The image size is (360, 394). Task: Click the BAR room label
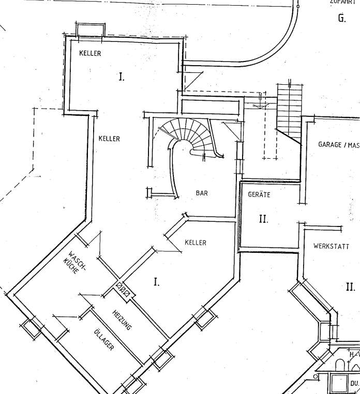tap(201, 193)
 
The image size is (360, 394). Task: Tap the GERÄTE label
tap(259, 195)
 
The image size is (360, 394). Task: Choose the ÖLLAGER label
tap(103, 340)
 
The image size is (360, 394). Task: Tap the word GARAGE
tap(330, 145)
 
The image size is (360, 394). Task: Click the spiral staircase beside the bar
tap(189, 136)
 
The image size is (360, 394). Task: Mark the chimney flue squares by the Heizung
tap(124, 287)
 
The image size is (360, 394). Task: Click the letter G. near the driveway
tap(341, 19)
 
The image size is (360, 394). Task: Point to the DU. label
tap(354, 384)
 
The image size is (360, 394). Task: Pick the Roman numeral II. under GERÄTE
tap(263, 219)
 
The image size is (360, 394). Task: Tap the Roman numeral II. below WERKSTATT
tap(350, 287)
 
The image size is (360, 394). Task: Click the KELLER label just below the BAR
tap(195, 243)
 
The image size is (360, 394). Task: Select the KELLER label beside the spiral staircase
tap(109, 139)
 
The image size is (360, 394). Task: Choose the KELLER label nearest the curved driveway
tap(90, 53)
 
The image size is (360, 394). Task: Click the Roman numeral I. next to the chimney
tap(156, 282)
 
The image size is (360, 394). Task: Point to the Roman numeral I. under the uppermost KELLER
tap(122, 78)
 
